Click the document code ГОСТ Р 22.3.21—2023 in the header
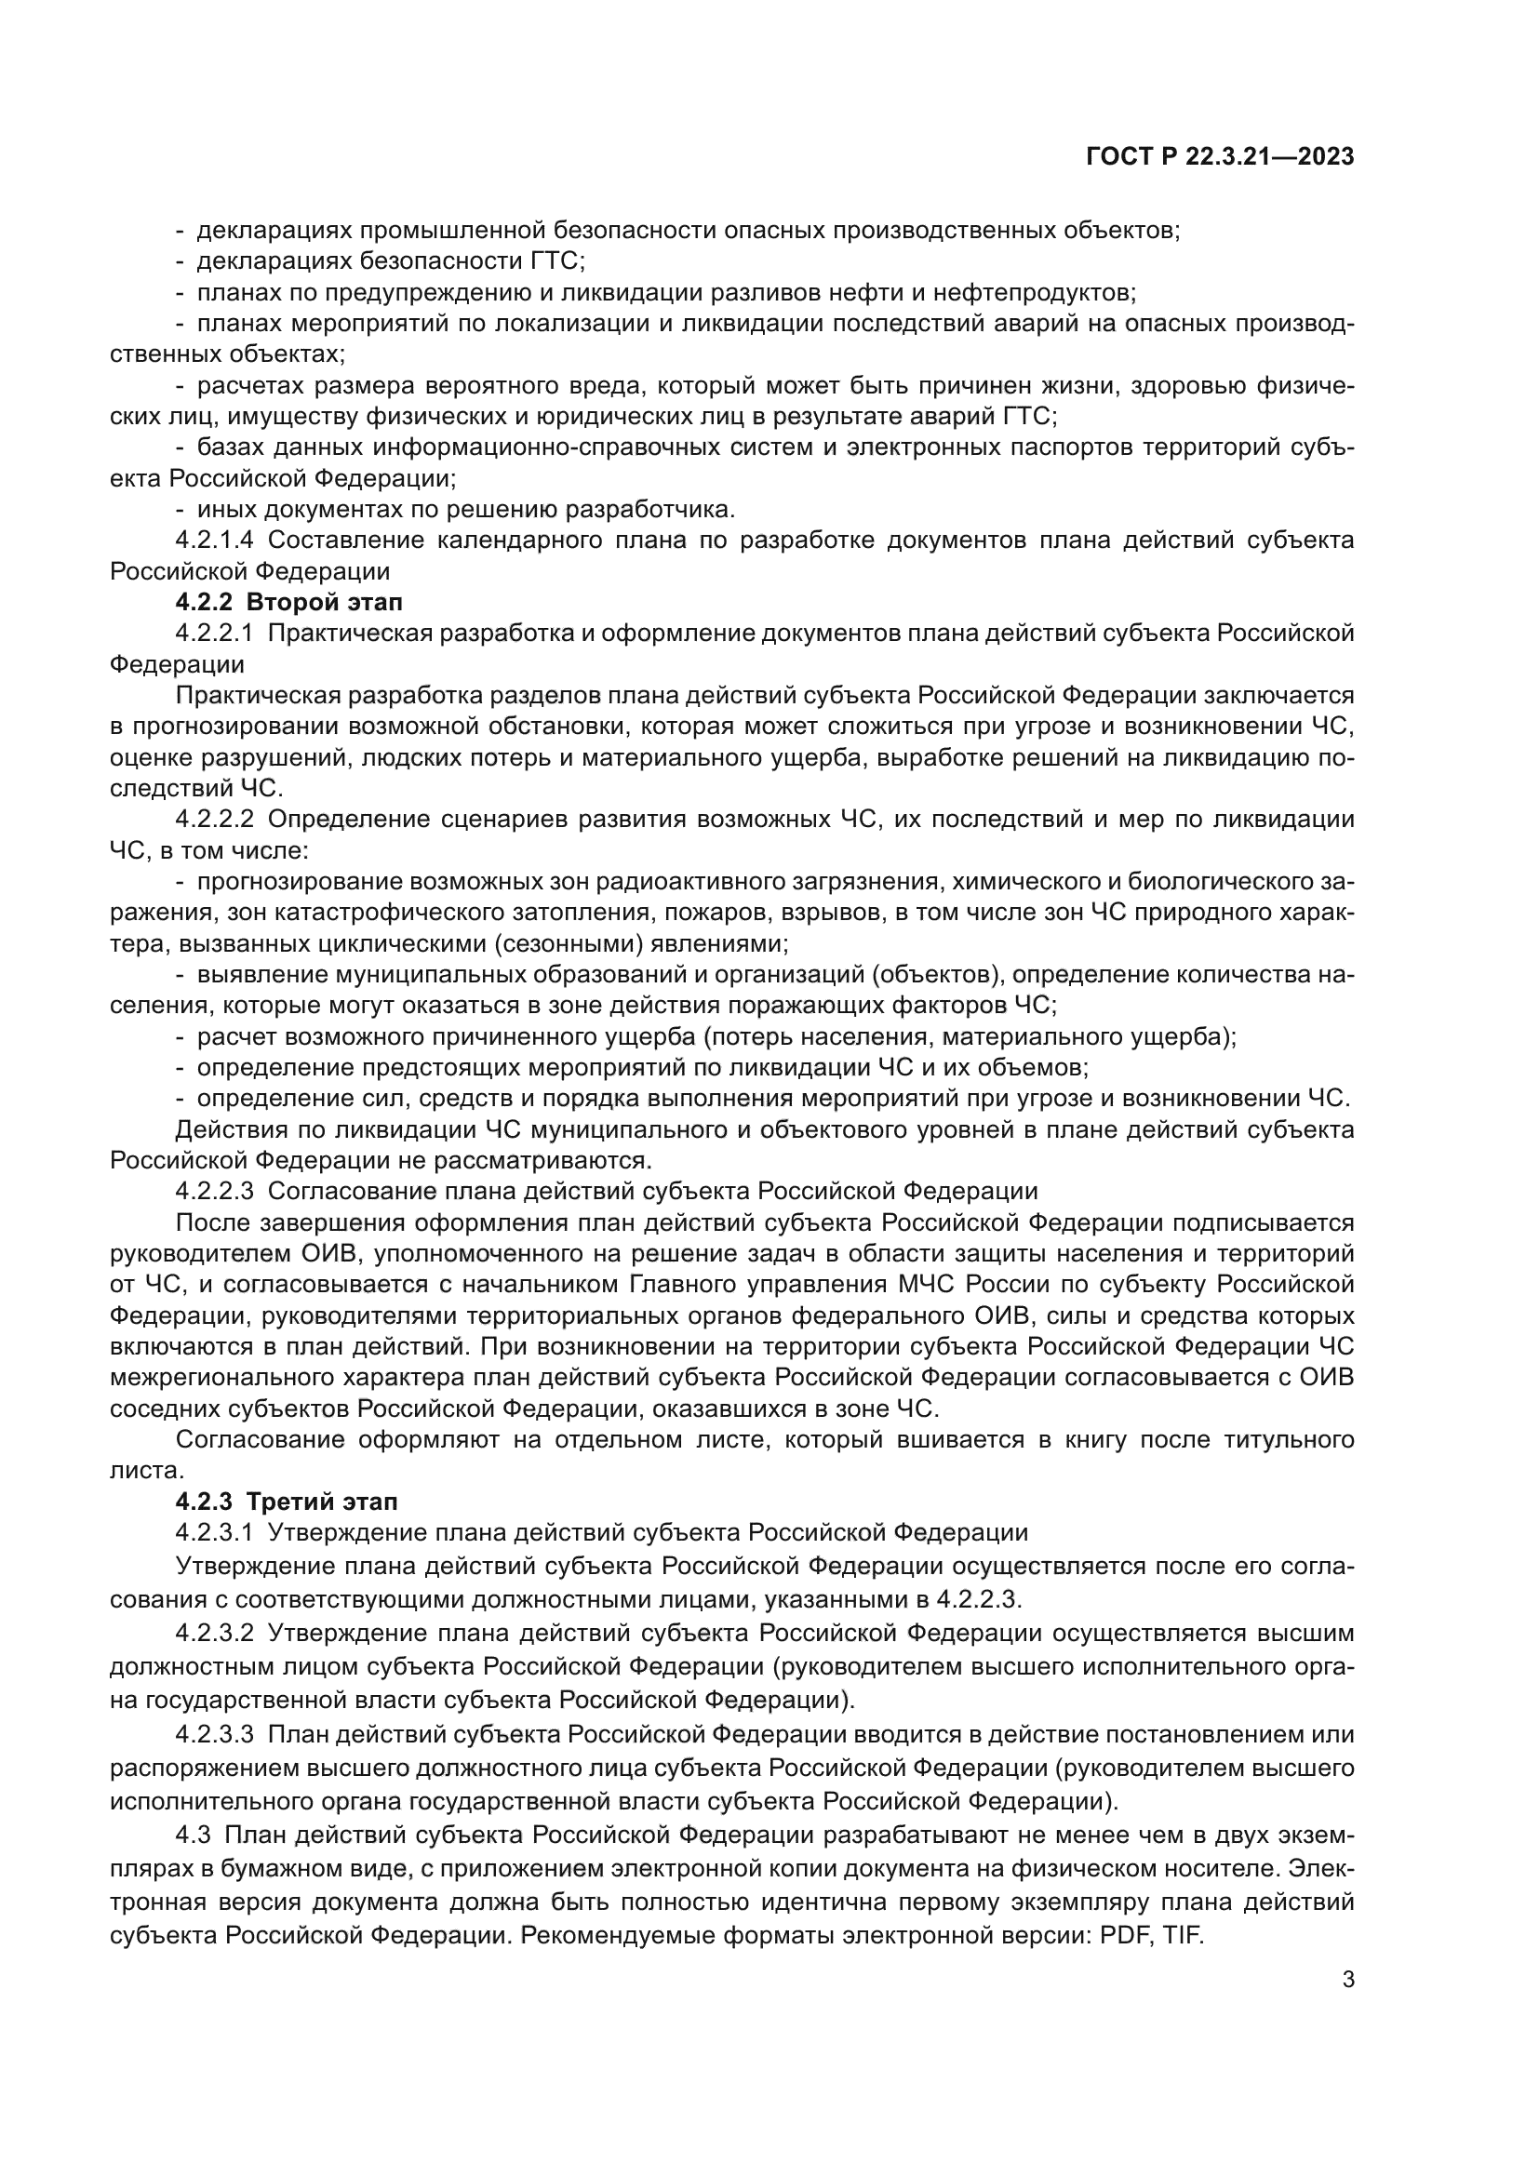1220,157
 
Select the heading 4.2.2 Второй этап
289,603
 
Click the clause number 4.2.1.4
214,541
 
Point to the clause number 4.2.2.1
214,634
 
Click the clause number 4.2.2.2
214,819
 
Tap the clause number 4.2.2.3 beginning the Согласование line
214,1191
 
